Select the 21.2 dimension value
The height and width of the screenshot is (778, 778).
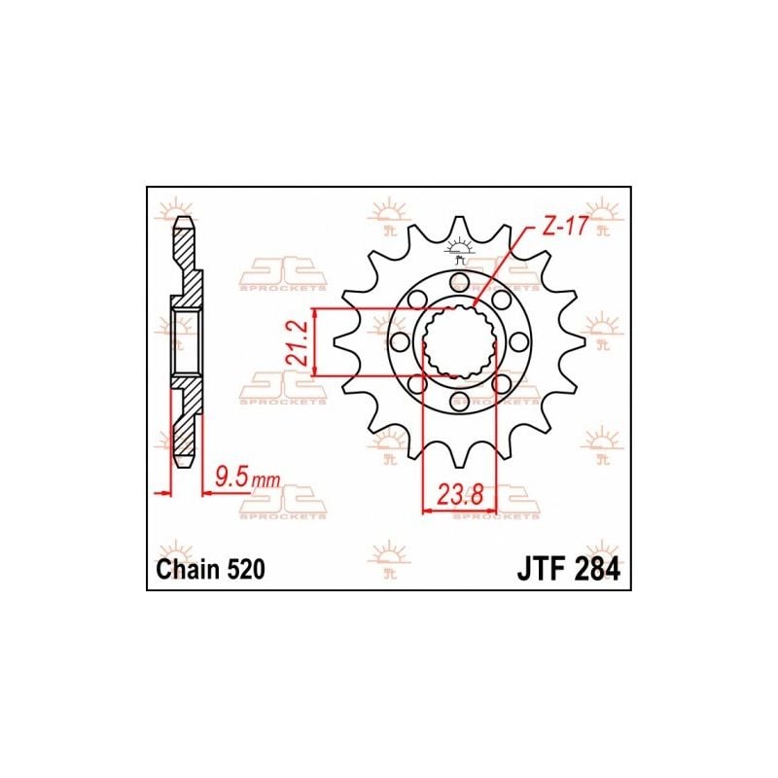pyautogui.click(x=304, y=341)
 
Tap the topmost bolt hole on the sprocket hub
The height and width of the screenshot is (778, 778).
pyautogui.click(x=459, y=282)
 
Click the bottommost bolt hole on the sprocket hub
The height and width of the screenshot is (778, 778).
pyautogui.click(x=459, y=400)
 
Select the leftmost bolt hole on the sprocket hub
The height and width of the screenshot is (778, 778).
pyautogui.click(x=400, y=341)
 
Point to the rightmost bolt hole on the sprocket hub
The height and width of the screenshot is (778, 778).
pyautogui.click(x=518, y=341)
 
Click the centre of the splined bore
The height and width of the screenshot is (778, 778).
pyautogui.click(x=459, y=341)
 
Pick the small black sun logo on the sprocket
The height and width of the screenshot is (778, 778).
pyautogui.click(x=459, y=254)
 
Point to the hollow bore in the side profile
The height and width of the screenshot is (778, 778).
pyautogui.click(x=186, y=340)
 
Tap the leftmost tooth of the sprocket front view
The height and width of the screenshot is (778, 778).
pyautogui.click(x=340, y=341)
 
